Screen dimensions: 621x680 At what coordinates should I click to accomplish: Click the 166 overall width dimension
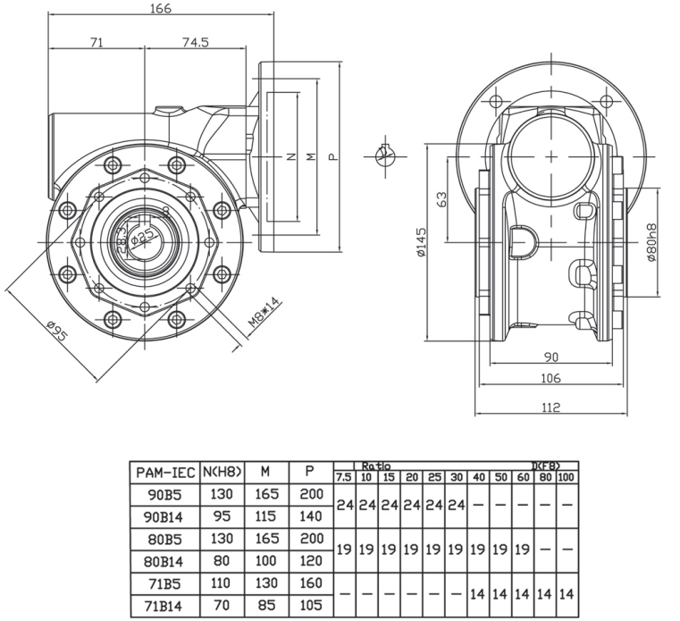tap(160, 8)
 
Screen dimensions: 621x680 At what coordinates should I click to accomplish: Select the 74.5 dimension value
tap(195, 42)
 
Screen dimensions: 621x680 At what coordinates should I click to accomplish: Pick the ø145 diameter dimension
tap(421, 241)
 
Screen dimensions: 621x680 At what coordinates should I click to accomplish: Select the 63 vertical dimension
tap(441, 198)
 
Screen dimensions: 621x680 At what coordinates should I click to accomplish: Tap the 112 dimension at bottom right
tap(550, 407)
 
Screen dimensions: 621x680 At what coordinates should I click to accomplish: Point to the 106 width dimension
tap(550, 379)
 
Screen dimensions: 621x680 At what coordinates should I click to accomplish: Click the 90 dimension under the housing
tap(550, 357)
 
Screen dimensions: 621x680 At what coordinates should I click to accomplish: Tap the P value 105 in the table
tap(310, 606)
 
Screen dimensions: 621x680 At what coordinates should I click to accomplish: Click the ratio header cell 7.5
tap(343, 477)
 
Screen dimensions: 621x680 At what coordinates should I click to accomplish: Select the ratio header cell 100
tap(567, 477)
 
